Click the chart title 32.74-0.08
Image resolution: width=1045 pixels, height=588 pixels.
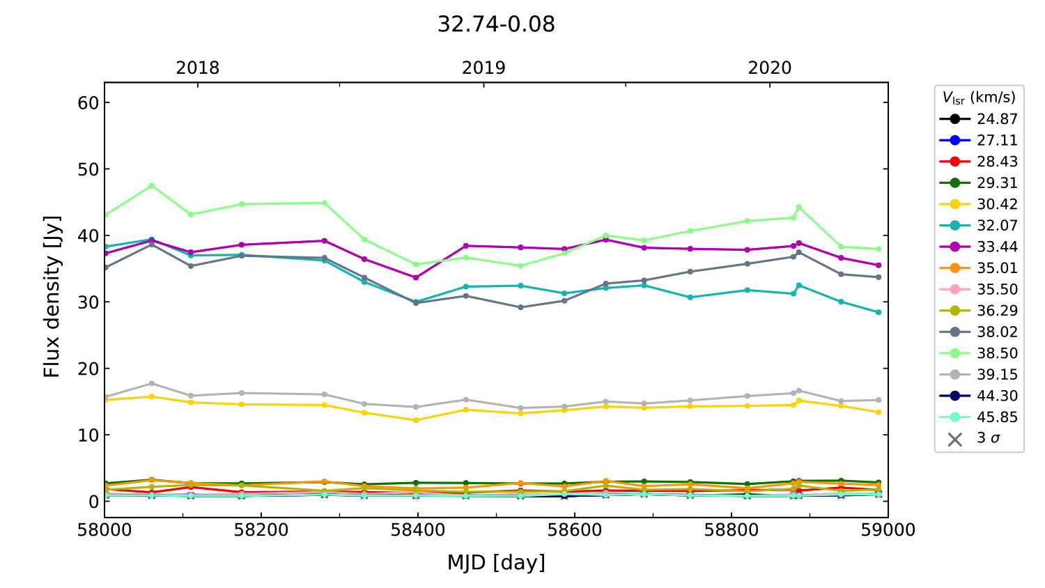[496, 24]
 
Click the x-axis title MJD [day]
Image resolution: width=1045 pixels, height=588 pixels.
[496, 562]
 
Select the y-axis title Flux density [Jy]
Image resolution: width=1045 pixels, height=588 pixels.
[52, 297]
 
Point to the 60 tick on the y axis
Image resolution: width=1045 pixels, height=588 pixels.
[89, 103]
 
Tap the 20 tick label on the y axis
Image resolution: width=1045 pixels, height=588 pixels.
[89, 369]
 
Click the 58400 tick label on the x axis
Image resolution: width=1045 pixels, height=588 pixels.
[417, 530]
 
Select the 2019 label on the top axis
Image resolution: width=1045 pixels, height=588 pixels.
[483, 68]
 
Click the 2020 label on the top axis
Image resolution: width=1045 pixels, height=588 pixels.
[770, 68]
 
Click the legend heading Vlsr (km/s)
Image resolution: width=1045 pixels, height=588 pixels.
[979, 98]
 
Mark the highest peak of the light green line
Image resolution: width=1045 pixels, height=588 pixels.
[151, 185]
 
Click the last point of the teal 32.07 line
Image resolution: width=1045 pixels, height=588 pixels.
[878, 312]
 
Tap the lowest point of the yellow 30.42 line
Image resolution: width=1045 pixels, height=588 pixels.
[416, 420]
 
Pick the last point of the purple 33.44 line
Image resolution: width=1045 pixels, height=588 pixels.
[878, 265]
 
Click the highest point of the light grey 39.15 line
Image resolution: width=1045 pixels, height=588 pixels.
[151, 383]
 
